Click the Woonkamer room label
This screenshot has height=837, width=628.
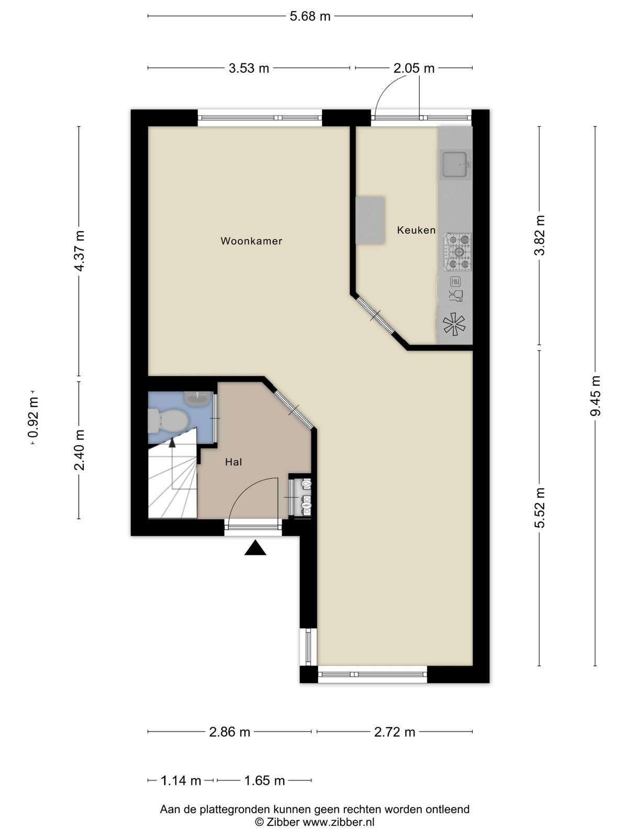point(251,241)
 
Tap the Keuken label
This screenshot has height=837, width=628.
point(416,230)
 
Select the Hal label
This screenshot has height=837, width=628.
point(233,462)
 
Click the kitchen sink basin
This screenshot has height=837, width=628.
point(455,164)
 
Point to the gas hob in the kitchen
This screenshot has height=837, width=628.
point(457,252)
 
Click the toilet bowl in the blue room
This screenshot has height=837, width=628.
point(169,421)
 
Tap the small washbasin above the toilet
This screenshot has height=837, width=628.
point(197,398)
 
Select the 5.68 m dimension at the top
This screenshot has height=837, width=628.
point(310,16)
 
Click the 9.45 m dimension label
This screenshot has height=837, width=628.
point(596,396)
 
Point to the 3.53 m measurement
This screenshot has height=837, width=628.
point(249,68)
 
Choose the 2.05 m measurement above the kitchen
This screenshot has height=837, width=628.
point(414,68)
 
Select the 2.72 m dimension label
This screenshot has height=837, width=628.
point(394,732)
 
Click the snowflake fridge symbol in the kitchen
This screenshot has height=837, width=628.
point(454,324)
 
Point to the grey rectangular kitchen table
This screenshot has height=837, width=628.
point(370,220)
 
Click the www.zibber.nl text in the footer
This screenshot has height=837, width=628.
point(339,822)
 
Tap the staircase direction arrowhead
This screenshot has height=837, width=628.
point(172,442)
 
